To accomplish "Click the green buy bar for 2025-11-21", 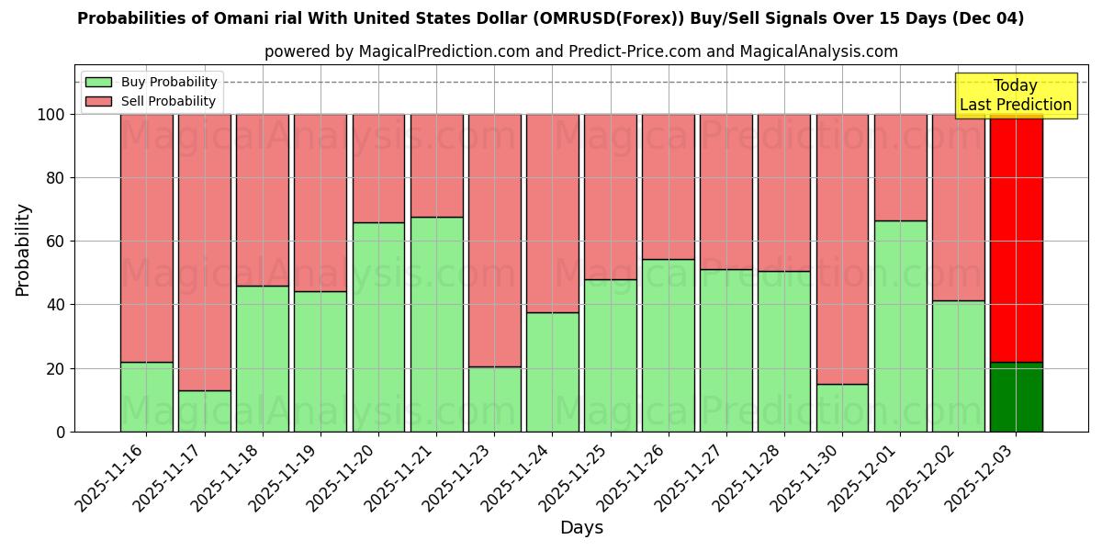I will click(x=436, y=324).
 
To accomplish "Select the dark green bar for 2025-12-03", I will click(x=1016, y=397).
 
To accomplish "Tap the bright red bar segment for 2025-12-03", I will click(x=1016, y=238).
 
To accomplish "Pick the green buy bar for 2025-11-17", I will click(x=205, y=410).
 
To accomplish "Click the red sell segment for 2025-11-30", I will click(x=842, y=249).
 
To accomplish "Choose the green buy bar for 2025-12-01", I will click(x=900, y=326).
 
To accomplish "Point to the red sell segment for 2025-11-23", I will click(x=494, y=241).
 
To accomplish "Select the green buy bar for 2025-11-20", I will click(x=378, y=327).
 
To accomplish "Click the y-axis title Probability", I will click(x=23, y=249).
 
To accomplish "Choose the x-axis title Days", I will click(x=581, y=528).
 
